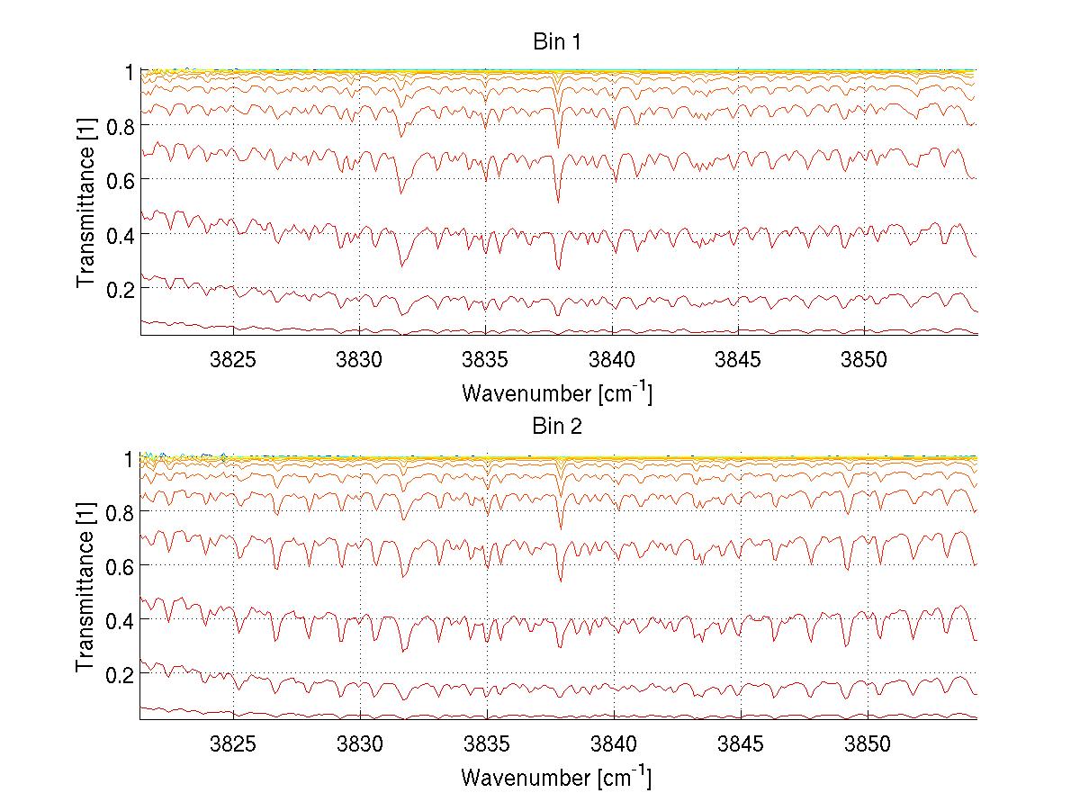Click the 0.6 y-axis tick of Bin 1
point(121,180)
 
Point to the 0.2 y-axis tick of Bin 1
point(121,288)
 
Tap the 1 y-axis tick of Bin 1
point(130,71)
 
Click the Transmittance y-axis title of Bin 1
point(86,203)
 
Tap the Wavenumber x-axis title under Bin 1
point(556,392)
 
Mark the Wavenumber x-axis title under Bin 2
point(556,777)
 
